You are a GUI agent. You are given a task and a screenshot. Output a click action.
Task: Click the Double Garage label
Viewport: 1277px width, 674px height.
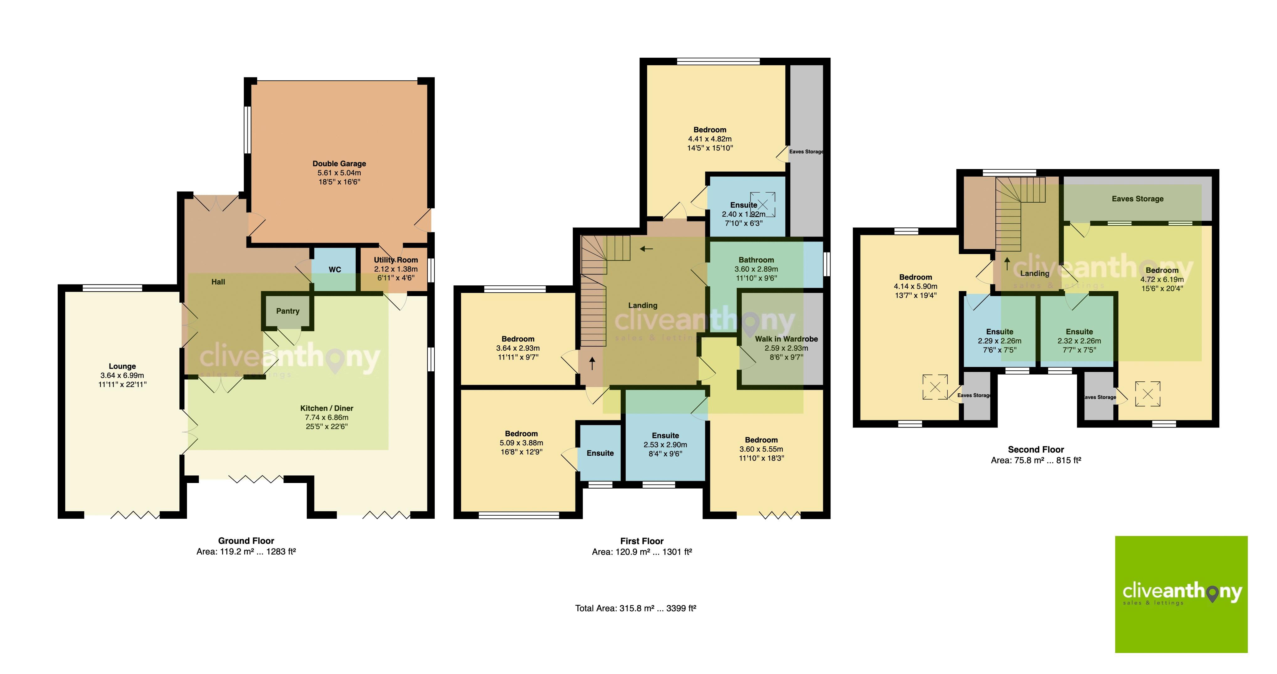[x=339, y=164]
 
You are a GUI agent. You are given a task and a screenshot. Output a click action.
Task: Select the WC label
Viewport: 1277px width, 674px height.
[x=335, y=270]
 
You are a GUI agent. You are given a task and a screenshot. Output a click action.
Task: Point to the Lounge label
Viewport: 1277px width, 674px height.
[x=122, y=367]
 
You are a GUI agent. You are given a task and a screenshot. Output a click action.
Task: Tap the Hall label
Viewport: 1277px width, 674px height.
[x=218, y=282]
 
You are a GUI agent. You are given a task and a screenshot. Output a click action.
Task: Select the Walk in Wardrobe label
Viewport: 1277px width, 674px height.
[x=786, y=339]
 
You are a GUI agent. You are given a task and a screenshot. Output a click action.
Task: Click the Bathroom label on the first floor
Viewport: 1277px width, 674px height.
[x=756, y=260]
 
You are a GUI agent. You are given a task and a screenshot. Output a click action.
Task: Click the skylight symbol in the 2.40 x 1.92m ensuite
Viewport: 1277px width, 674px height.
[x=762, y=204]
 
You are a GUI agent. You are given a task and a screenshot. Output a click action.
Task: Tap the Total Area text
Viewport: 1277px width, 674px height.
[x=636, y=608]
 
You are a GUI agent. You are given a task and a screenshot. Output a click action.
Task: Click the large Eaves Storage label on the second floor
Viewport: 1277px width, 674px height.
[x=1137, y=199]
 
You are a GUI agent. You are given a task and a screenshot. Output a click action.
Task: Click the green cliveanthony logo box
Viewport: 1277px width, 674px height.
[x=1181, y=594]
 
